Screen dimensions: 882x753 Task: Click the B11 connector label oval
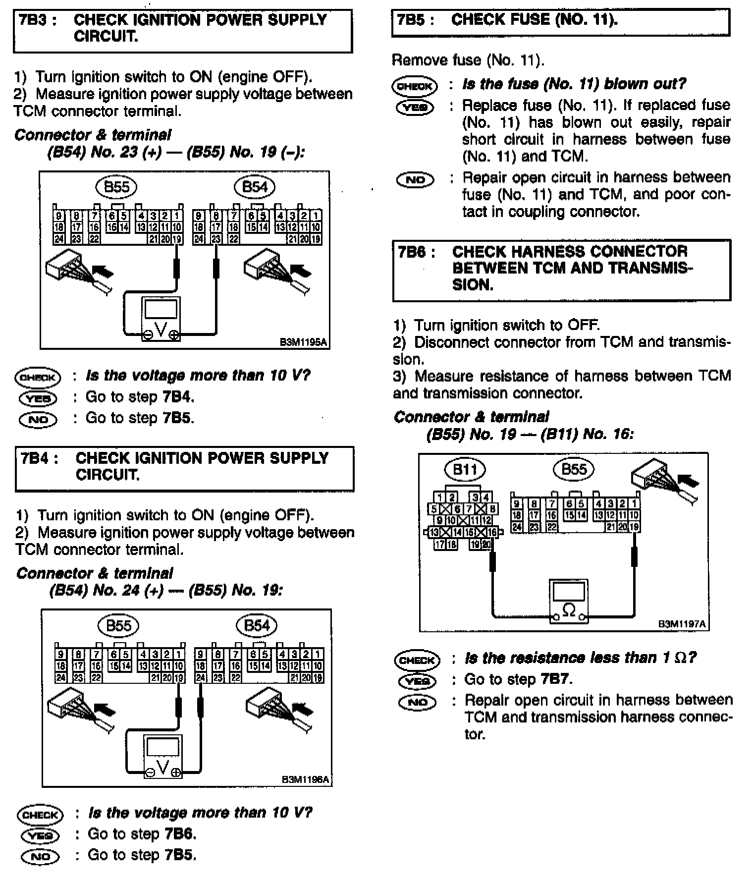tap(465, 469)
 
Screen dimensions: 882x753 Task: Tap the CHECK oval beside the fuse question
tap(415, 86)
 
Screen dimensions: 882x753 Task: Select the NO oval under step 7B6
tap(417, 702)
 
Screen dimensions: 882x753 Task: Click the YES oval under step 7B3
tap(38, 398)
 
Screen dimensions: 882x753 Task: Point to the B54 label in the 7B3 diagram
tap(254, 187)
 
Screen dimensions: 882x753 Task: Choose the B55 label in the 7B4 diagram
tap(118, 626)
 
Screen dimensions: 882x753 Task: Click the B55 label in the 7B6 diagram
tap(574, 469)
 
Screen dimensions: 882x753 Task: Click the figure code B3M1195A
tap(304, 342)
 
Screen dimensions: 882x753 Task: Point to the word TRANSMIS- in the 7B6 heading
tap(650, 268)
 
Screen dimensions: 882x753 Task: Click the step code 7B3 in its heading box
tap(37, 21)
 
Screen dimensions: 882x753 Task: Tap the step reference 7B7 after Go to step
tap(556, 679)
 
